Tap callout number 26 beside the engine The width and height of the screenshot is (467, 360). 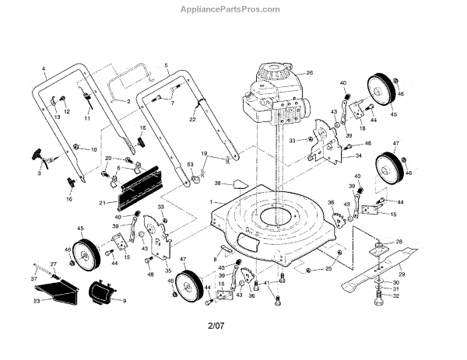pos(309,74)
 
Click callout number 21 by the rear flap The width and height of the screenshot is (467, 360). pos(102,203)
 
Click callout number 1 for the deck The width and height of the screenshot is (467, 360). pos(210,201)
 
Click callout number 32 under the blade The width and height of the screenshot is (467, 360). pos(396,295)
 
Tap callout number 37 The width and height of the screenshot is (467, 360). pos(33,278)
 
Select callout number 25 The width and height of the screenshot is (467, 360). pos(328,268)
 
